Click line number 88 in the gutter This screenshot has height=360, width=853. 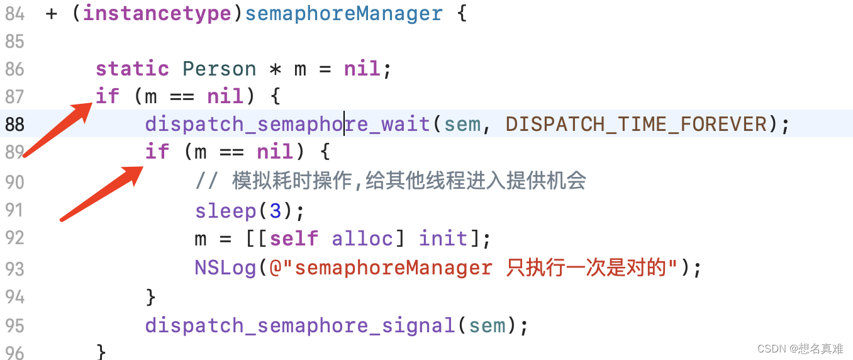(14, 125)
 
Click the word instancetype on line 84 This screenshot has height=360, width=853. (157, 13)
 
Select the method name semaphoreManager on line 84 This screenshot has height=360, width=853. (343, 13)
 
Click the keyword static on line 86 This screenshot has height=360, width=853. (132, 69)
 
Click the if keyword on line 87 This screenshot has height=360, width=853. (108, 96)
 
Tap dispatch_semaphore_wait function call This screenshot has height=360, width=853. (287, 124)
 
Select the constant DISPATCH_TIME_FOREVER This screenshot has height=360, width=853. (637, 124)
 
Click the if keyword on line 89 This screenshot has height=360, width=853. (157, 152)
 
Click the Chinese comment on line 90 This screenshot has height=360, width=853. (409, 181)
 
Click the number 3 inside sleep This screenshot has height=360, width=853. (275, 210)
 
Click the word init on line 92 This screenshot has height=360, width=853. (443, 239)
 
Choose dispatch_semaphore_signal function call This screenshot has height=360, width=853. (299, 325)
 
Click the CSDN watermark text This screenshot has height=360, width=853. (800, 349)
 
